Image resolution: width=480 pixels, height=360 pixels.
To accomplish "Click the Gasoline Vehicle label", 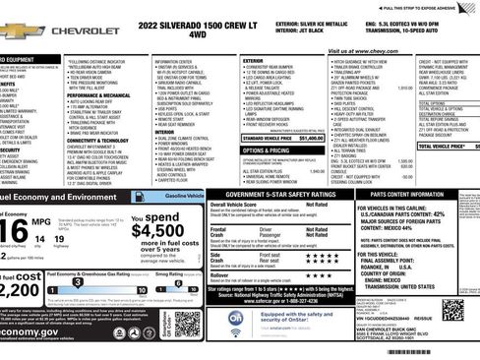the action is (x=185, y=197).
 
